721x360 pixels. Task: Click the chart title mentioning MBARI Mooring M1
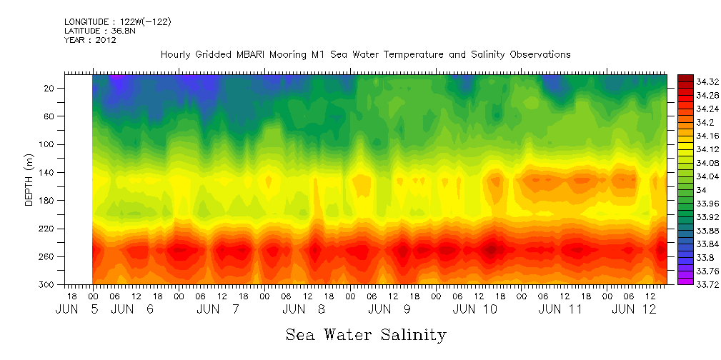(365, 55)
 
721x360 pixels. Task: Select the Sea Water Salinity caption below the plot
(366, 334)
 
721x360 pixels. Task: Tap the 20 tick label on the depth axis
(50, 88)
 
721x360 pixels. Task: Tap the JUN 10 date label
(474, 309)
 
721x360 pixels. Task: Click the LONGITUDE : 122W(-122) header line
(117, 22)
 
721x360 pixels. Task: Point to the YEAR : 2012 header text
(90, 41)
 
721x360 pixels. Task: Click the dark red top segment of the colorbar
(685, 78)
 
